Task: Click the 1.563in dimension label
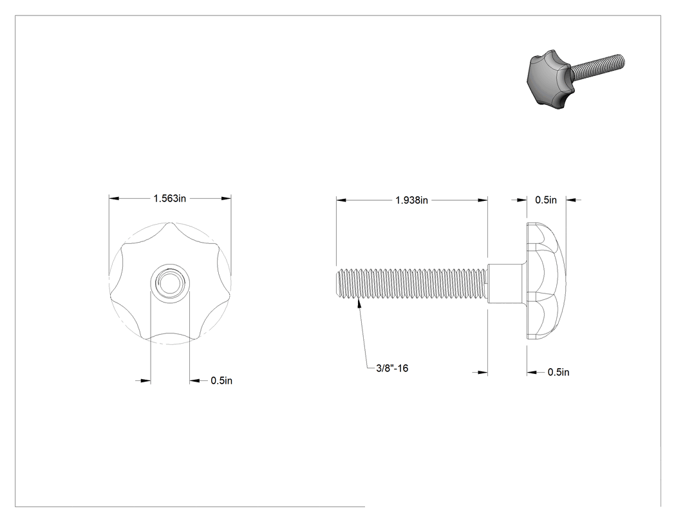(x=169, y=198)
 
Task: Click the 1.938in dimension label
(x=412, y=200)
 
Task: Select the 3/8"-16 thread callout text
(x=392, y=368)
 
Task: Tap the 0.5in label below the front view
(x=221, y=380)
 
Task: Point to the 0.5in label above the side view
(x=546, y=200)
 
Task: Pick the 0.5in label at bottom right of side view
(x=558, y=372)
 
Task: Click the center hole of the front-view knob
(x=170, y=283)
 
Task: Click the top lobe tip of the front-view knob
(x=171, y=223)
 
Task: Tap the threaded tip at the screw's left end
(x=339, y=283)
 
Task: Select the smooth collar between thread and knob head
(x=505, y=283)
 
